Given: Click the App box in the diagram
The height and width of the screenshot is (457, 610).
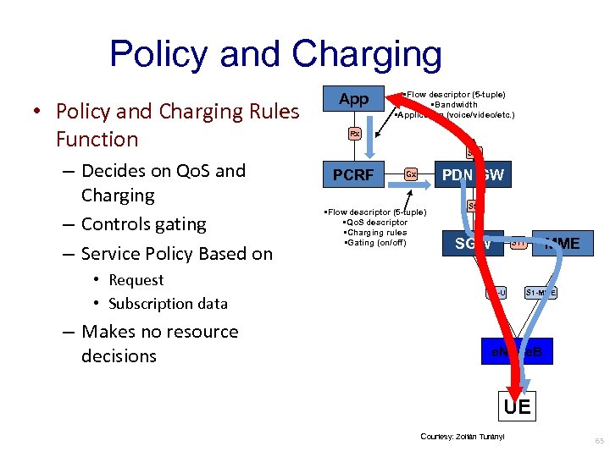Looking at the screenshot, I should (353, 99).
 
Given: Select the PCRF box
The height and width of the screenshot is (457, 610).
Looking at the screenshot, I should (353, 175).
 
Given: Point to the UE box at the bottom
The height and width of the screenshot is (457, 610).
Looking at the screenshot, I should (517, 407).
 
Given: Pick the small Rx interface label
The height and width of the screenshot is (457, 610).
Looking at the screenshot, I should (355, 134).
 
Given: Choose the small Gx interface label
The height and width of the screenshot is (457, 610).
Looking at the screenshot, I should (410, 174).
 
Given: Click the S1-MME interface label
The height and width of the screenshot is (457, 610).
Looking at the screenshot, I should (541, 293).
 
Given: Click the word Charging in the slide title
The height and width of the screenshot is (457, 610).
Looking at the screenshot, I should (367, 54).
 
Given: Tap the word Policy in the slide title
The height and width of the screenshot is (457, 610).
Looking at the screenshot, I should (162, 54).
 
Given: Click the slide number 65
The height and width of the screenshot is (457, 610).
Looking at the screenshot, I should (599, 441).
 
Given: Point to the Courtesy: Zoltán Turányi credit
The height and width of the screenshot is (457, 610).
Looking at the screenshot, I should (462, 437).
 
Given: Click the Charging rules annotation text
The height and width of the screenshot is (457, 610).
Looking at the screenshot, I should (374, 233).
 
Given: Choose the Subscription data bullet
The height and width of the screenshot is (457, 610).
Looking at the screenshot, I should (168, 303).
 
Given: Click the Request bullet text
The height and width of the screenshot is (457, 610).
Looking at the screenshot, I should (136, 280).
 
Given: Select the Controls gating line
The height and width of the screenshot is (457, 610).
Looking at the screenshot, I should (143, 224).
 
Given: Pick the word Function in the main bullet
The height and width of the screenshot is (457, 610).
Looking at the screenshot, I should (97, 139).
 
